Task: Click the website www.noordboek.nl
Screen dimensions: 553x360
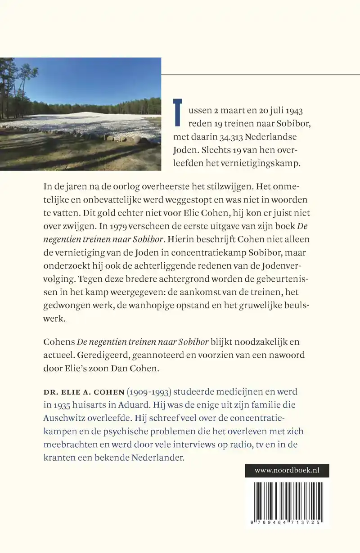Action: coord(287,470)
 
